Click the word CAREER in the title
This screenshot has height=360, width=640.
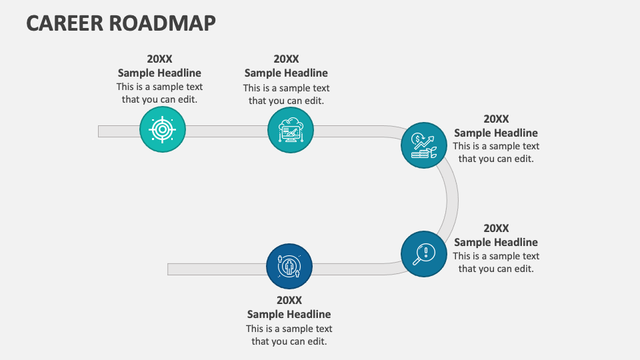tap(64, 23)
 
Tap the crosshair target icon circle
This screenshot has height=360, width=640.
tap(162, 129)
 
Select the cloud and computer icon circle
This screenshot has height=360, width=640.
tap(290, 130)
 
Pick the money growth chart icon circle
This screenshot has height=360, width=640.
tap(424, 145)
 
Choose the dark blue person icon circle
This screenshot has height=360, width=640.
tap(289, 266)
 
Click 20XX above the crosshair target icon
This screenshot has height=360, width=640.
tap(159, 59)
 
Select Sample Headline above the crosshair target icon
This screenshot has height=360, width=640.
tap(159, 73)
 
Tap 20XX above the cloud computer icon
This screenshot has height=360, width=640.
tap(286, 59)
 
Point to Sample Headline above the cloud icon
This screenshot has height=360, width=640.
tap(286, 73)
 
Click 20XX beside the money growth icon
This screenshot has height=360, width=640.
tap(496, 119)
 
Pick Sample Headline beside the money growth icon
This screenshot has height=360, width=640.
tap(496, 133)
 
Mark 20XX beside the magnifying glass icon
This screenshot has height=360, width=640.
tap(496, 228)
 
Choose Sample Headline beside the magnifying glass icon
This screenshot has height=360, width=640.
tap(496, 242)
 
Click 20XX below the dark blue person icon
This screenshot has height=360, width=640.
tap(289, 300)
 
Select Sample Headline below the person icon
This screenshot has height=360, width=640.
tap(289, 314)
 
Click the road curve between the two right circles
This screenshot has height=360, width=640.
tap(452, 199)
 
